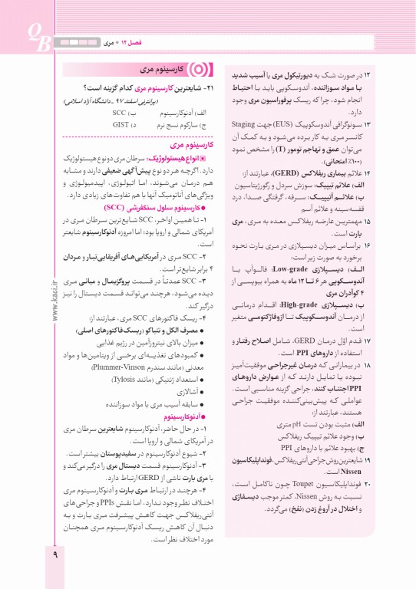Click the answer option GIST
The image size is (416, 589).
[x=121, y=123]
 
